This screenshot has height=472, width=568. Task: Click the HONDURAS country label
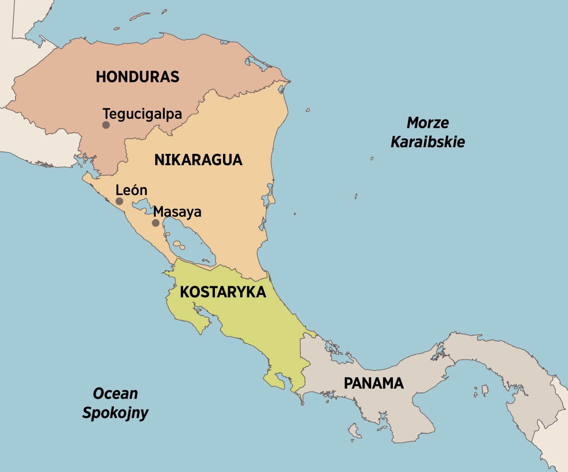pyautogui.click(x=137, y=77)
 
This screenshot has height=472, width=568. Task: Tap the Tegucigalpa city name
pyautogui.click(x=142, y=114)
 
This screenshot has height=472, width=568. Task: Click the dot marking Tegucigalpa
pyautogui.click(x=106, y=125)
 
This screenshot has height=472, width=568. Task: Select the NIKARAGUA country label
pyautogui.click(x=198, y=160)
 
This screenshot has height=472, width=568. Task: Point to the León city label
pyautogui.click(x=132, y=191)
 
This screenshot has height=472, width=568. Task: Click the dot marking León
pyautogui.click(x=119, y=201)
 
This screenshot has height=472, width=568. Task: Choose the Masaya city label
pyautogui.click(x=177, y=212)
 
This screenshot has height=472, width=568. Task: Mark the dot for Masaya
pyautogui.click(x=155, y=223)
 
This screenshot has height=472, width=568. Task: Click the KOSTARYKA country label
pyautogui.click(x=223, y=292)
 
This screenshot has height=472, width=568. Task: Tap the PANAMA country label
pyautogui.click(x=373, y=383)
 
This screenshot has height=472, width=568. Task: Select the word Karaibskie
pyautogui.click(x=427, y=142)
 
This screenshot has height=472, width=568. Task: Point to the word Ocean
pyautogui.click(x=115, y=393)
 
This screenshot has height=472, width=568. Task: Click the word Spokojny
pyautogui.click(x=115, y=413)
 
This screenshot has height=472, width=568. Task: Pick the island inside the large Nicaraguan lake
pyautogui.click(x=178, y=245)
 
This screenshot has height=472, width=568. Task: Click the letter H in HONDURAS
pyautogui.click(x=101, y=77)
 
